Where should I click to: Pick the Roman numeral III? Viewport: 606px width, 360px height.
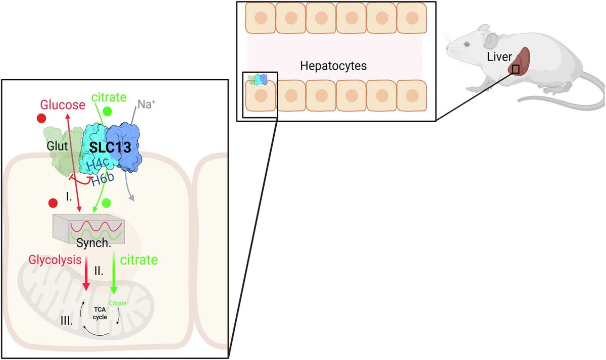tap(66, 320)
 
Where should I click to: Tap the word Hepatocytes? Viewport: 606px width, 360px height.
tap(333, 66)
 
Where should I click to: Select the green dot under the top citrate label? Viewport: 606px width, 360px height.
tap(107, 111)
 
